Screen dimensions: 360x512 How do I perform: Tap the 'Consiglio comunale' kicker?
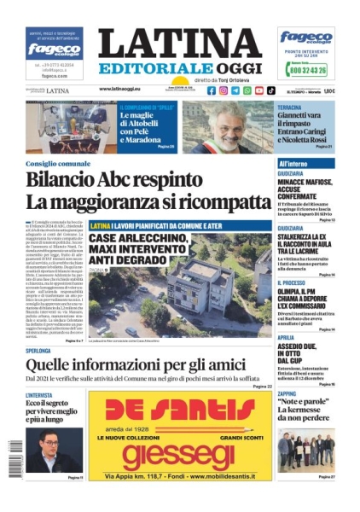[x=58, y=163]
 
